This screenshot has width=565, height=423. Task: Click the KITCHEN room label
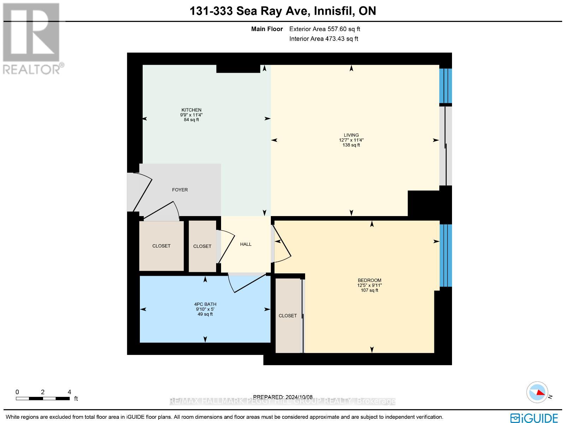point(191,110)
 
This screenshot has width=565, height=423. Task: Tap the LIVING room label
point(351,135)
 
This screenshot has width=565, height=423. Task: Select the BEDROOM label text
point(369,280)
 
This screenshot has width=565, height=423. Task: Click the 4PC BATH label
point(205,304)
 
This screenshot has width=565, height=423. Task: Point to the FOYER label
point(180,190)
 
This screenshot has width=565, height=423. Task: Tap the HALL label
point(246,244)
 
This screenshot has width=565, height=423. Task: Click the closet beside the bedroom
point(288,316)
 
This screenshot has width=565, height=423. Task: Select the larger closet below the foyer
point(161,246)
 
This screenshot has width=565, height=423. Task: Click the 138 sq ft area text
point(351,145)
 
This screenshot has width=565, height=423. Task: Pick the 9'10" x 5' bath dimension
point(205,309)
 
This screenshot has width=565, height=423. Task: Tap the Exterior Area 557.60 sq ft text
point(325,29)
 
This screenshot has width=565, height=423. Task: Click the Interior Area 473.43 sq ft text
point(323,39)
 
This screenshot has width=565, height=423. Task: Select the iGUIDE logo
point(534,418)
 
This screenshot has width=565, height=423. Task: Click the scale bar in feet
point(42,398)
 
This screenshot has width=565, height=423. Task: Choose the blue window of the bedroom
point(446,255)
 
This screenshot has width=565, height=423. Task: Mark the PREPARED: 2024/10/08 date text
point(283,397)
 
